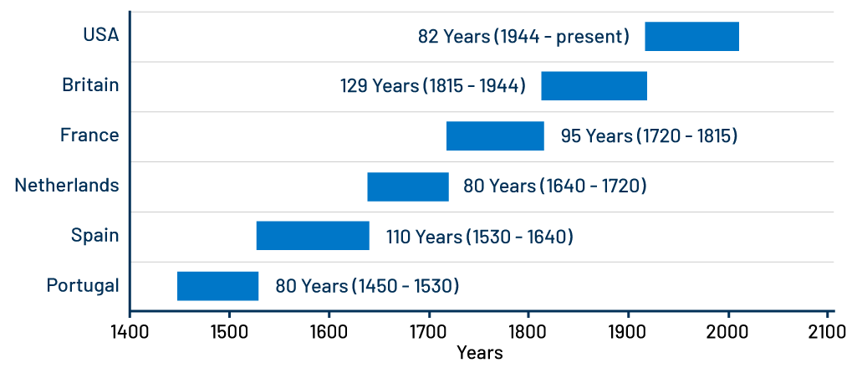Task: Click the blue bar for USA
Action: pyautogui.click(x=691, y=37)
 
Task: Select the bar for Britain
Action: pyautogui.click(x=594, y=86)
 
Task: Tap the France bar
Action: pyautogui.click(x=495, y=135)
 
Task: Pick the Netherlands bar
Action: pyautogui.click(x=408, y=187)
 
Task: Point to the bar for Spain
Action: pyautogui.click(x=313, y=236)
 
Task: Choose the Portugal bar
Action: pyautogui.click(x=217, y=286)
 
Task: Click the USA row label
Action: pyautogui.click(x=100, y=35)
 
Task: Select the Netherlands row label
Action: pyautogui.click(x=67, y=186)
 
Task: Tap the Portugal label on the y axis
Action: pyautogui.click(x=83, y=286)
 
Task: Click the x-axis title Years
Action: pyautogui.click(x=480, y=352)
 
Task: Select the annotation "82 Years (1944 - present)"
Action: pyautogui.click(x=523, y=37)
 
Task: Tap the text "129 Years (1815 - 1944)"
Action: pyautogui.click(x=433, y=86)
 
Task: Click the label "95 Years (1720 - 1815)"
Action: pyautogui.click(x=649, y=135)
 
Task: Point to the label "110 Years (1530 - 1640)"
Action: pyautogui.click(x=479, y=237)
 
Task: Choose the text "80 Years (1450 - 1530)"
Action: pyautogui.click(x=367, y=286)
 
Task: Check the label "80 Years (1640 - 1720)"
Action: pyautogui.click(x=554, y=187)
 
